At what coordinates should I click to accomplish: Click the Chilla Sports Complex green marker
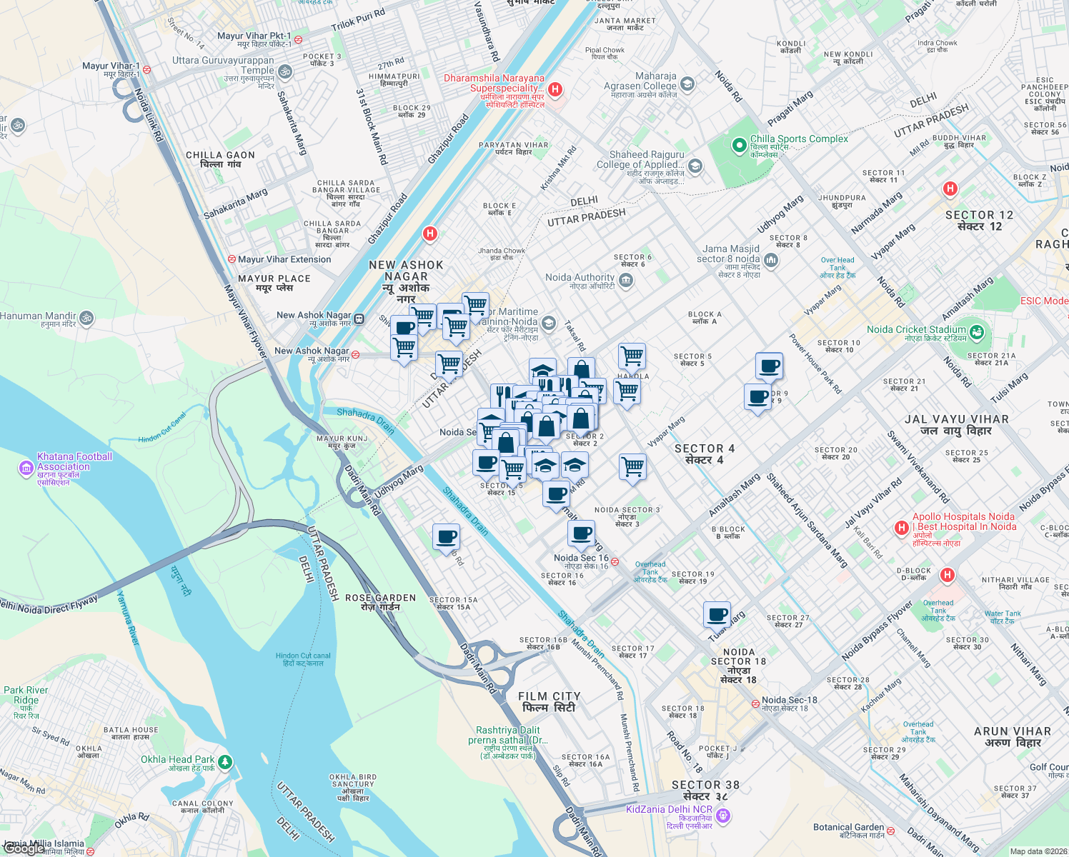[x=739, y=145]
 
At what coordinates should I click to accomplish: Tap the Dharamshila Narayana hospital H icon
[x=555, y=89]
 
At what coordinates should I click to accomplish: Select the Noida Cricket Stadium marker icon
[x=977, y=332]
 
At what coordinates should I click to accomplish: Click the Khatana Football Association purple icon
[x=26, y=468]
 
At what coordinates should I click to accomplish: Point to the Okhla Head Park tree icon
[x=225, y=762]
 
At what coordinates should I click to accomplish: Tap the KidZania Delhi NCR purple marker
[x=722, y=815]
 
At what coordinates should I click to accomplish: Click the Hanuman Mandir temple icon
[x=86, y=318]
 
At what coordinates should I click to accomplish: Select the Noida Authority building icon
[x=626, y=281]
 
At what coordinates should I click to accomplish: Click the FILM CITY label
[x=549, y=702]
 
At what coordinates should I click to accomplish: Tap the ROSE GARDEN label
[x=380, y=602]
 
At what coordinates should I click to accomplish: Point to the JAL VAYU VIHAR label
[x=956, y=425]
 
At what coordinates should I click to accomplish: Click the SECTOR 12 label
[x=979, y=221]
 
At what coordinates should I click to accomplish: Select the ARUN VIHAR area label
[x=1012, y=737]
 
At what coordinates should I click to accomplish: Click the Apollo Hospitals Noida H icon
[x=901, y=528]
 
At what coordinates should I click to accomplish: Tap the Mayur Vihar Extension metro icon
[x=232, y=259]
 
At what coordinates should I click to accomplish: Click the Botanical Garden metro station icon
[x=891, y=832]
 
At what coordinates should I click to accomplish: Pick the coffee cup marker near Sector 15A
[x=446, y=537]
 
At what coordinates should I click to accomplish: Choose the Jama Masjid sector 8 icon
[x=770, y=260]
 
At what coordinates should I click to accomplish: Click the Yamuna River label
[x=129, y=618]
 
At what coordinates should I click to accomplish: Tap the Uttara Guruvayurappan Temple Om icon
[x=284, y=71]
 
